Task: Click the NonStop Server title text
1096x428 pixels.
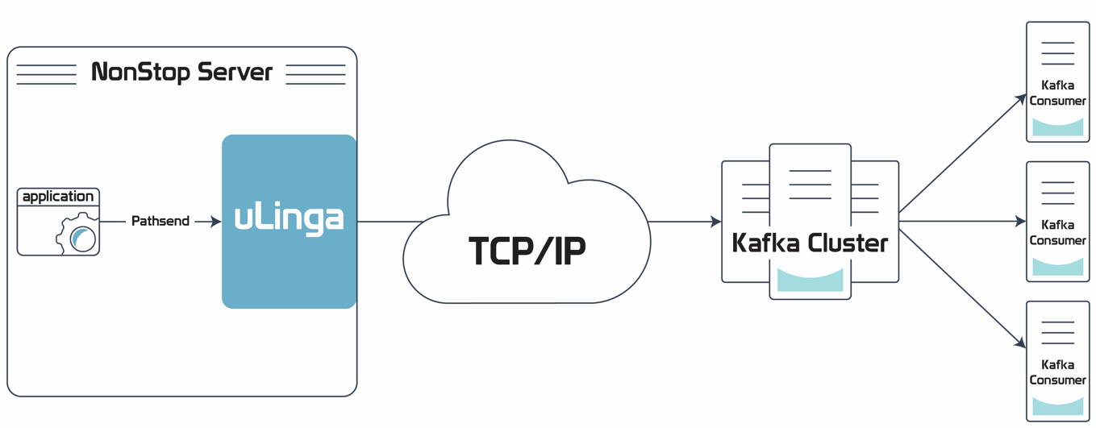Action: tap(181, 73)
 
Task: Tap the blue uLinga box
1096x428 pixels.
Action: tap(289, 221)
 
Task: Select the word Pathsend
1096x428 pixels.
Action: tap(160, 221)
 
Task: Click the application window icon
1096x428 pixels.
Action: tap(58, 222)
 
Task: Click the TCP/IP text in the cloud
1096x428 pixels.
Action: tap(527, 251)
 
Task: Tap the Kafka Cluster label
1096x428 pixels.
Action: tap(810, 243)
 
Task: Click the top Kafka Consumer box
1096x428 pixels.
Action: tap(1057, 82)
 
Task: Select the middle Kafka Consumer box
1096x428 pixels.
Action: tap(1057, 222)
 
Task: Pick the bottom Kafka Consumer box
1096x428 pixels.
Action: tap(1057, 361)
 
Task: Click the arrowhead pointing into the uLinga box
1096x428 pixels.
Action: tap(215, 221)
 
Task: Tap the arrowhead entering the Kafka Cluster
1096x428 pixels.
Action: tap(715, 221)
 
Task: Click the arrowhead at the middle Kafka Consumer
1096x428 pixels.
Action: tap(1020, 221)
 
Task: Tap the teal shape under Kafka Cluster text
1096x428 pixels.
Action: tap(810, 280)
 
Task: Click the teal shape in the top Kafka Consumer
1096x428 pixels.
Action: tap(1057, 127)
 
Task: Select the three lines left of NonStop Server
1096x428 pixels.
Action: tap(47, 74)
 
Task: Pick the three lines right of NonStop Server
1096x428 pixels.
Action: tap(315, 74)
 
